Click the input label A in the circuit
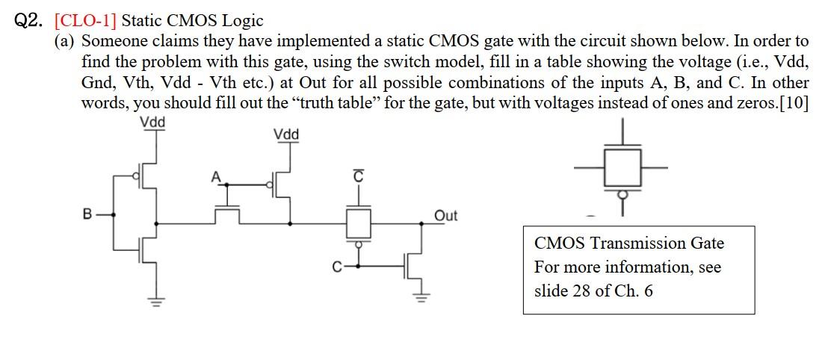tap(215, 176)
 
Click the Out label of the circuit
tap(445, 216)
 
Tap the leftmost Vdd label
tap(152, 122)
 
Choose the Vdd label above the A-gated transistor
tap(286, 134)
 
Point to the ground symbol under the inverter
tap(156, 302)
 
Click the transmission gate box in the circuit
tap(357, 223)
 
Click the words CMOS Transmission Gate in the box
tap(628, 243)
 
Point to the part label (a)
tap(66, 42)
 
